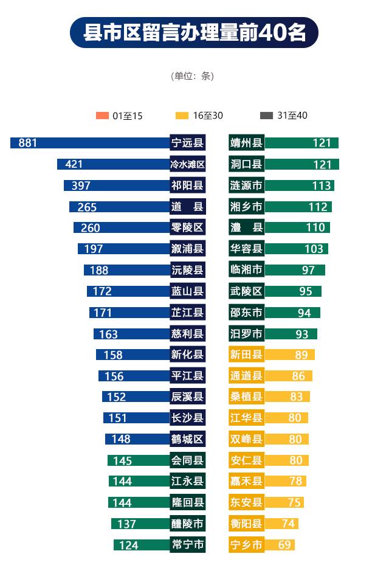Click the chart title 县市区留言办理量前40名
(194, 32)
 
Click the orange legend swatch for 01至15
(102, 116)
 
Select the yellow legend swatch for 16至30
(182, 116)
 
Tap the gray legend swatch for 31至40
(266, 116)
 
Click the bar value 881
(28, 143)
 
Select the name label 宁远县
(187, 143)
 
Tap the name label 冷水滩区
(187, 164)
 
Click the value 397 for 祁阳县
(81, 185)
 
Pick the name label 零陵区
(187, 228)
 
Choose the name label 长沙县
(187, 418)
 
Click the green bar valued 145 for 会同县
(138, 460)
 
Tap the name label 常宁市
(187, 545)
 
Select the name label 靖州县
(247, 143)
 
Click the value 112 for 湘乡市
(318, 207)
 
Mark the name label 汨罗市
(247, 333)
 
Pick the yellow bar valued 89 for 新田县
(290, 355)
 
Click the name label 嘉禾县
(247, 481)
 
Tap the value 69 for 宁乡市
(284, 545)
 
